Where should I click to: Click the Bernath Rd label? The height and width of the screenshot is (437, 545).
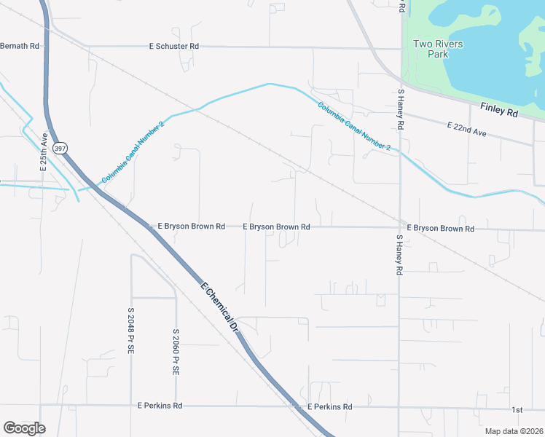click(x=19, y=46)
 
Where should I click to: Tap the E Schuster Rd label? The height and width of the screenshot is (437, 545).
click(x=173, y=46)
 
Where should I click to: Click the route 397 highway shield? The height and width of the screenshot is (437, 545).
click(x=60, y=148)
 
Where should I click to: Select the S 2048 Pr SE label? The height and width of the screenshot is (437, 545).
click(x=131, y=331)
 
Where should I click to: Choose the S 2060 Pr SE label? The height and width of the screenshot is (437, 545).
click(x=176, y=353)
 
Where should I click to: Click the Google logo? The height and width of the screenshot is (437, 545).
click(x=24, y=428)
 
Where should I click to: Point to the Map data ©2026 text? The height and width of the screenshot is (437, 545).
click(x=513, y=431)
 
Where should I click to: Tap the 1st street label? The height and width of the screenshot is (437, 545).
click(x=517, y=410)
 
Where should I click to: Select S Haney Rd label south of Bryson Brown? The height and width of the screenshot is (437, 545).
click(x=399, y=254)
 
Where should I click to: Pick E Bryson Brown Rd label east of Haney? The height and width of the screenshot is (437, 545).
click(x=440, y=229)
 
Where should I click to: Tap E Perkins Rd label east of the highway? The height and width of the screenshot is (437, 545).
click(x=329, y=407)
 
